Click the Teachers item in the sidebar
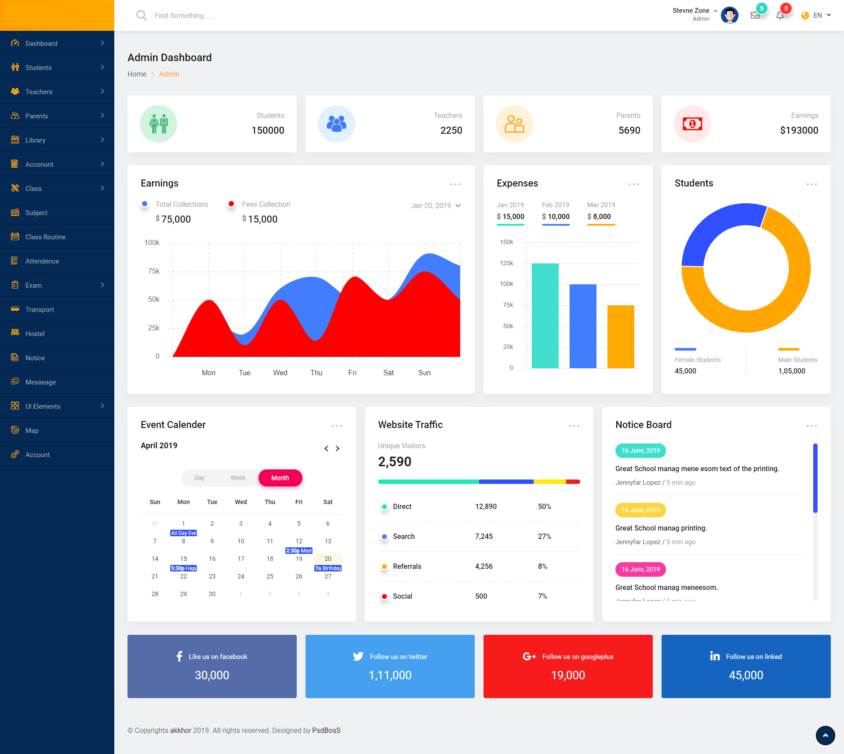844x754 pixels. click(x=39, y=92)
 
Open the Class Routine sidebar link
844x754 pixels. click(x=45, y=237)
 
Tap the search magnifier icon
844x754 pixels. click(x=141, y=15)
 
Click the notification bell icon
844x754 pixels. click(x=780, y=15)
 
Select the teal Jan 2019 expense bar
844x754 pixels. click(x=545, y=315)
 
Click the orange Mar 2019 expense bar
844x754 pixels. click(x=621, y=337)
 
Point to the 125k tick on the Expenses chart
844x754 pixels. click(x=506, y=263)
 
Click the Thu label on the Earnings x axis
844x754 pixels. click(x=316, y=373)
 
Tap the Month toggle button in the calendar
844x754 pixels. click(x=280, y=478)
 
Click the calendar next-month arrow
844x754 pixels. click(x=338, y=448)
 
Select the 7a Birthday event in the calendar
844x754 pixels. click(x=328, y=568)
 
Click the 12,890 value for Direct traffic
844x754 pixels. click(x=486, y=506)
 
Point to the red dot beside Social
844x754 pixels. click(x=384, y=597)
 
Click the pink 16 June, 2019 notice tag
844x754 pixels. click(x=640, y=569)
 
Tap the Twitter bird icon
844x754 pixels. click(x=358, y=656)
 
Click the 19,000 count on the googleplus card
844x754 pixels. click(x=568, y=675)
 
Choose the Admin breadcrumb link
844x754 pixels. click(x=169, y=74)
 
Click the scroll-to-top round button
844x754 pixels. click(x=825, y=735)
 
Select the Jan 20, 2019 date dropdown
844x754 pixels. click(x=436, y=205)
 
